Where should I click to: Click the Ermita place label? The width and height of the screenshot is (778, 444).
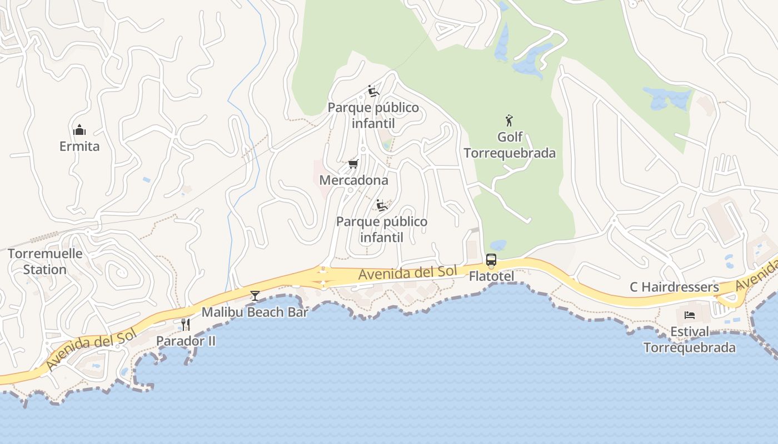[79, 147]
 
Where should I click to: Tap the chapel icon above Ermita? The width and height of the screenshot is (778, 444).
[79, 130]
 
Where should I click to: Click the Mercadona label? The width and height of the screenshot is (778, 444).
[353, 180]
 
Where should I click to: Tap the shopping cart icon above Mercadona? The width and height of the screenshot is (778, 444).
[353, 164]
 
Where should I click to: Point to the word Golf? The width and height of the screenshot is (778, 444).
[510, 137]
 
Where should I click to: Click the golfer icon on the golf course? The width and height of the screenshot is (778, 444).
[509, 120]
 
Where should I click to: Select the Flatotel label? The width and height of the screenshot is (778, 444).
[491, 276]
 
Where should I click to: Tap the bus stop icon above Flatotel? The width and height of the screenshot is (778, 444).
[491, 259]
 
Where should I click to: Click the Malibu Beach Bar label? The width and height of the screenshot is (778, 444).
[255, 312]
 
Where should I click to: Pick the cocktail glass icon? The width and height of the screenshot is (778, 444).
[255, 296]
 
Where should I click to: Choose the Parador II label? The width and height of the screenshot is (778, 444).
[186, 341]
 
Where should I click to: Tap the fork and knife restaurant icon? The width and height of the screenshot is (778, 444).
[186, 325]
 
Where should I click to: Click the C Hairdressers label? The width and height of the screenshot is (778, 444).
[674, 287]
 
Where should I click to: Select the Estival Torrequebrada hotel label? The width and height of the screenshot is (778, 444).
[690, 340]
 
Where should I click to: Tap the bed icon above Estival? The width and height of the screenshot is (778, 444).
[690, 315]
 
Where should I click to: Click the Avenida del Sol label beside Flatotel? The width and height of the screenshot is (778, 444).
[407, 273]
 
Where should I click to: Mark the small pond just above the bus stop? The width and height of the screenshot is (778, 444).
[498, 245]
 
